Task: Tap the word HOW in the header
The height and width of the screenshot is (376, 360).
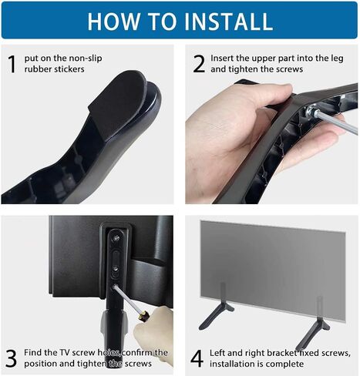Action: point(113,20)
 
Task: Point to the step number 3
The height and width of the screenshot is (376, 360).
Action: point(12,358)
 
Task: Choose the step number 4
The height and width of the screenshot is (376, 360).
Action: point(198,358)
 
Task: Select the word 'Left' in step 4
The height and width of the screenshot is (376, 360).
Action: point(224,352)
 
